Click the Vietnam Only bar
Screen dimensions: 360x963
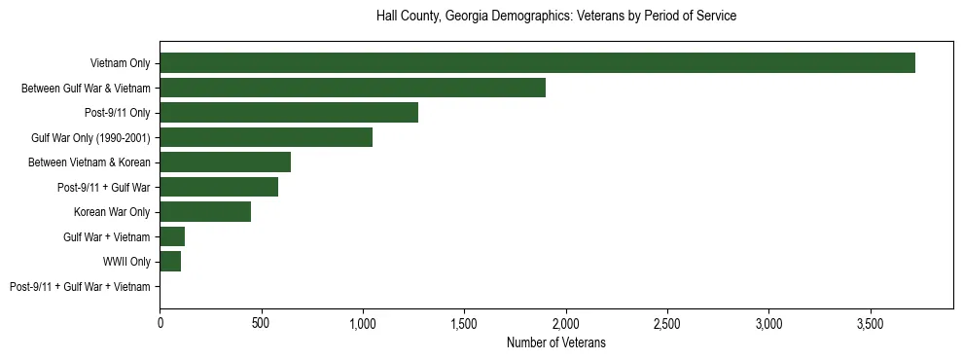tap(537, 63)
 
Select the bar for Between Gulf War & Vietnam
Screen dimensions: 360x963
tap(352, 89)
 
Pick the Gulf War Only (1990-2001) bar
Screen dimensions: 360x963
tap(266, 138)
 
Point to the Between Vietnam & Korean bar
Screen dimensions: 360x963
tap(225, 162)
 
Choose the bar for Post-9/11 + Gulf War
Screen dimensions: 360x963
tap(219, 188)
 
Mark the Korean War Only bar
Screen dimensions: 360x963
tap(205, 212)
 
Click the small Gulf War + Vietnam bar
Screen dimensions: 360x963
tap(172, 237)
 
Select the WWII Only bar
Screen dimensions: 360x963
tap(170, 262)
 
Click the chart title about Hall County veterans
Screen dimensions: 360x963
tap(556, 17)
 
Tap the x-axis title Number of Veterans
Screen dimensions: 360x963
tap(556, 342)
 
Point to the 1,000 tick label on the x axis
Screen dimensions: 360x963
tap(363, 322)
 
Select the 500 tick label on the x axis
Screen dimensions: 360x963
tap(262, 322)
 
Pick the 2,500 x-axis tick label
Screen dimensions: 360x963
tap(667, 322)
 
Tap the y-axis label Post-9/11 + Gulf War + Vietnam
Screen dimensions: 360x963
tap(80, 287)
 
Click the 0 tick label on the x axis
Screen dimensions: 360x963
tap(160, 322)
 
